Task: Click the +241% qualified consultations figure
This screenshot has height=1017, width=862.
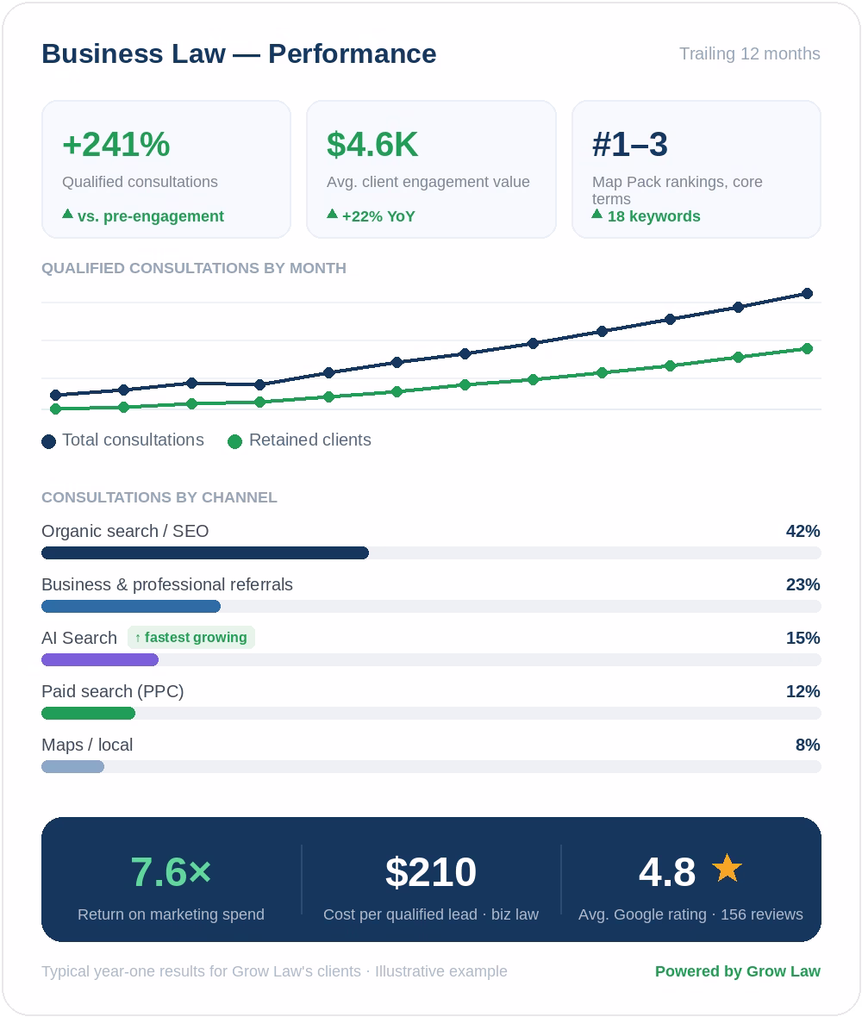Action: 116,144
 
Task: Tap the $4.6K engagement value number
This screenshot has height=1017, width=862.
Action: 372,144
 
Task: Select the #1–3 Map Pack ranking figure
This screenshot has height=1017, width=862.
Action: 630,144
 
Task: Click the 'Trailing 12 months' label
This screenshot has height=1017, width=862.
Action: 749,53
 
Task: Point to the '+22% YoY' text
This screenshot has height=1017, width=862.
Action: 378,216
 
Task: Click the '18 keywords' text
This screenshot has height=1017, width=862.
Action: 653,216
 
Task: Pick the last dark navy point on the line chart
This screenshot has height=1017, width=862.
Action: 807,294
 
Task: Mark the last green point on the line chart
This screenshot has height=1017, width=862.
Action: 807,349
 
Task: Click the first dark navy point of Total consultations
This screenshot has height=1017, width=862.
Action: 56,395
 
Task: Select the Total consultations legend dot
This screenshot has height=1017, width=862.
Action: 48,441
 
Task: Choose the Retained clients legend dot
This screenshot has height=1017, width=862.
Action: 234,441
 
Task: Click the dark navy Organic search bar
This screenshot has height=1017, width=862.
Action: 205,552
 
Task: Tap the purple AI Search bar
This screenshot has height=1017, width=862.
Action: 100,659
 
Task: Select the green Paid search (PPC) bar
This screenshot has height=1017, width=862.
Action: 88,714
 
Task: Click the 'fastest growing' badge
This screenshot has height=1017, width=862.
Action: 191,638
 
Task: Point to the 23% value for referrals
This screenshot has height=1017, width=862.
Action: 803,584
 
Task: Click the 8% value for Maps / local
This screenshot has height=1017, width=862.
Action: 809,745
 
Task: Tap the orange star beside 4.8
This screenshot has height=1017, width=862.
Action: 727,869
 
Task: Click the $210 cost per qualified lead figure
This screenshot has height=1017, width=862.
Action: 431,871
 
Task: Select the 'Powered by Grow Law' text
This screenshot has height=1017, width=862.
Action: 738,971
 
